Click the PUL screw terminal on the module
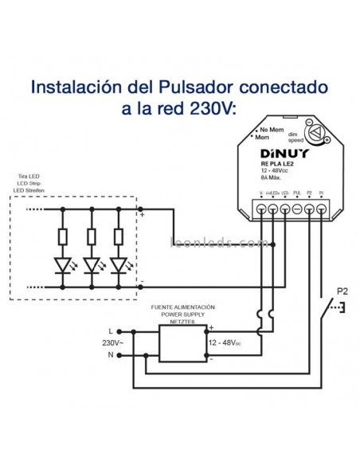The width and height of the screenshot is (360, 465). [296, 209]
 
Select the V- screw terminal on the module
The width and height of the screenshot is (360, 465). [262, 209]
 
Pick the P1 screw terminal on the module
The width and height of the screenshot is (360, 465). [320, 209]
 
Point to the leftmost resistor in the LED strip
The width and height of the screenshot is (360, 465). [63, 236]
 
